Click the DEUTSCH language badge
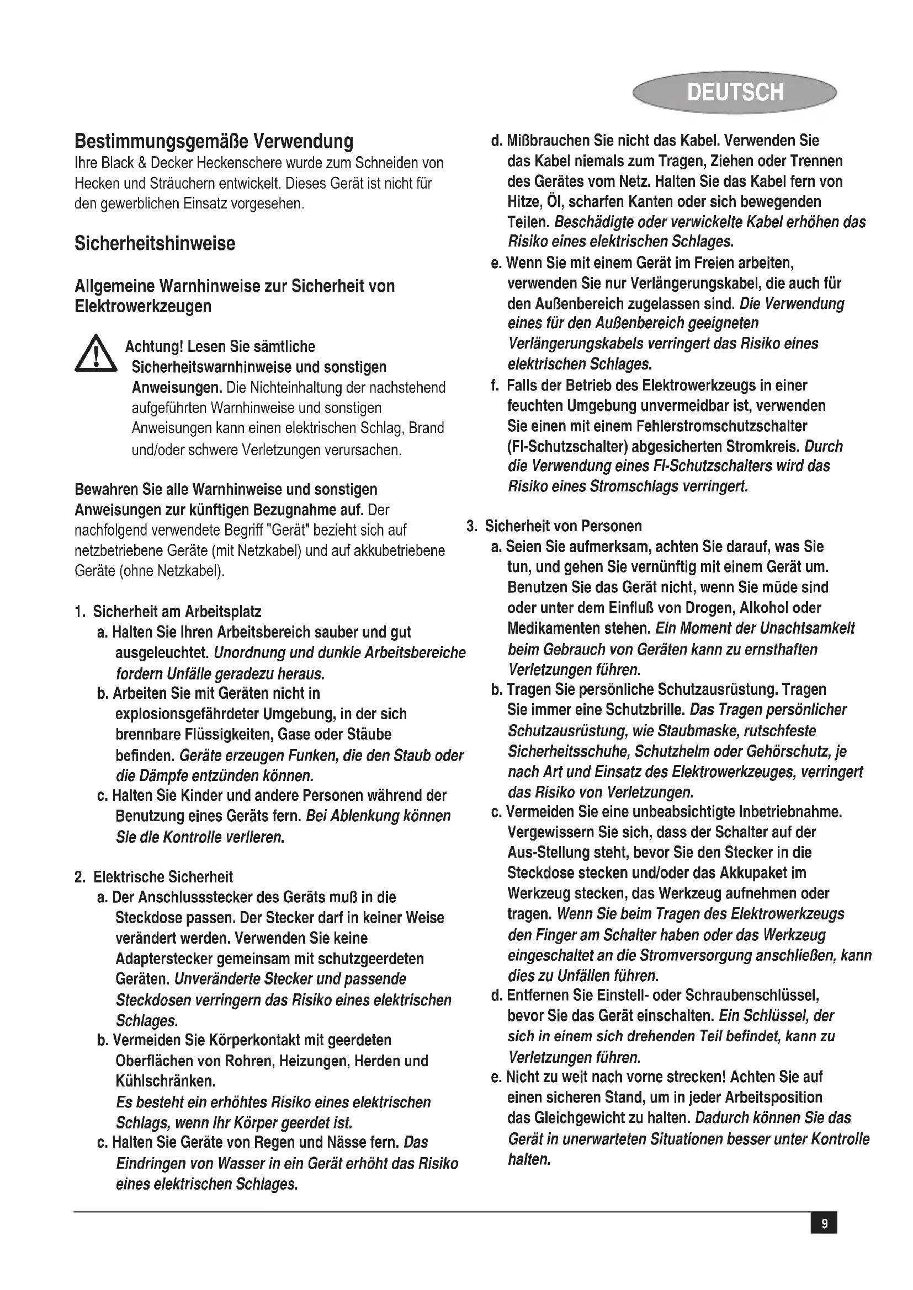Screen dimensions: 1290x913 pyautogui.click(x=734, y=92)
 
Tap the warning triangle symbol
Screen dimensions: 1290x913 pyautogui.click(x=95, y=354)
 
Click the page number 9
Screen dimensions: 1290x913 pyautogui.click(x=824, y=1223)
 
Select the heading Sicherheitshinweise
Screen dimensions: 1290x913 pyautogui.click(x=155, y=244)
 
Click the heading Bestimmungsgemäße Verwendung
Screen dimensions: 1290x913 pyautogui.click(x=214, y=141)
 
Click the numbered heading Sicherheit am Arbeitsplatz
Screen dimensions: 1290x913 pyautogui.click(x=177, y=611)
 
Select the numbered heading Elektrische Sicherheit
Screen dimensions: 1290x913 pyautogui.click(x=163, y=877)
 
